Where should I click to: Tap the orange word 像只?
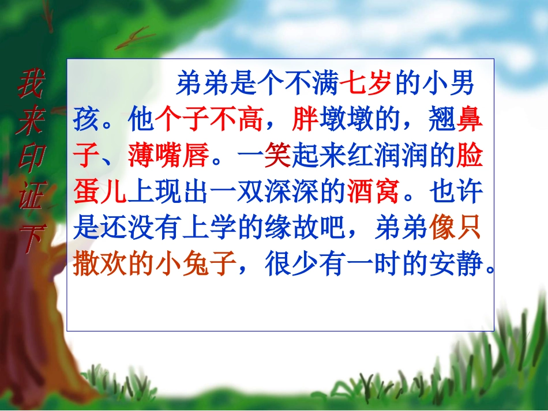coord(455,229)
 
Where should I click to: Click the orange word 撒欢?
coord(100,265)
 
